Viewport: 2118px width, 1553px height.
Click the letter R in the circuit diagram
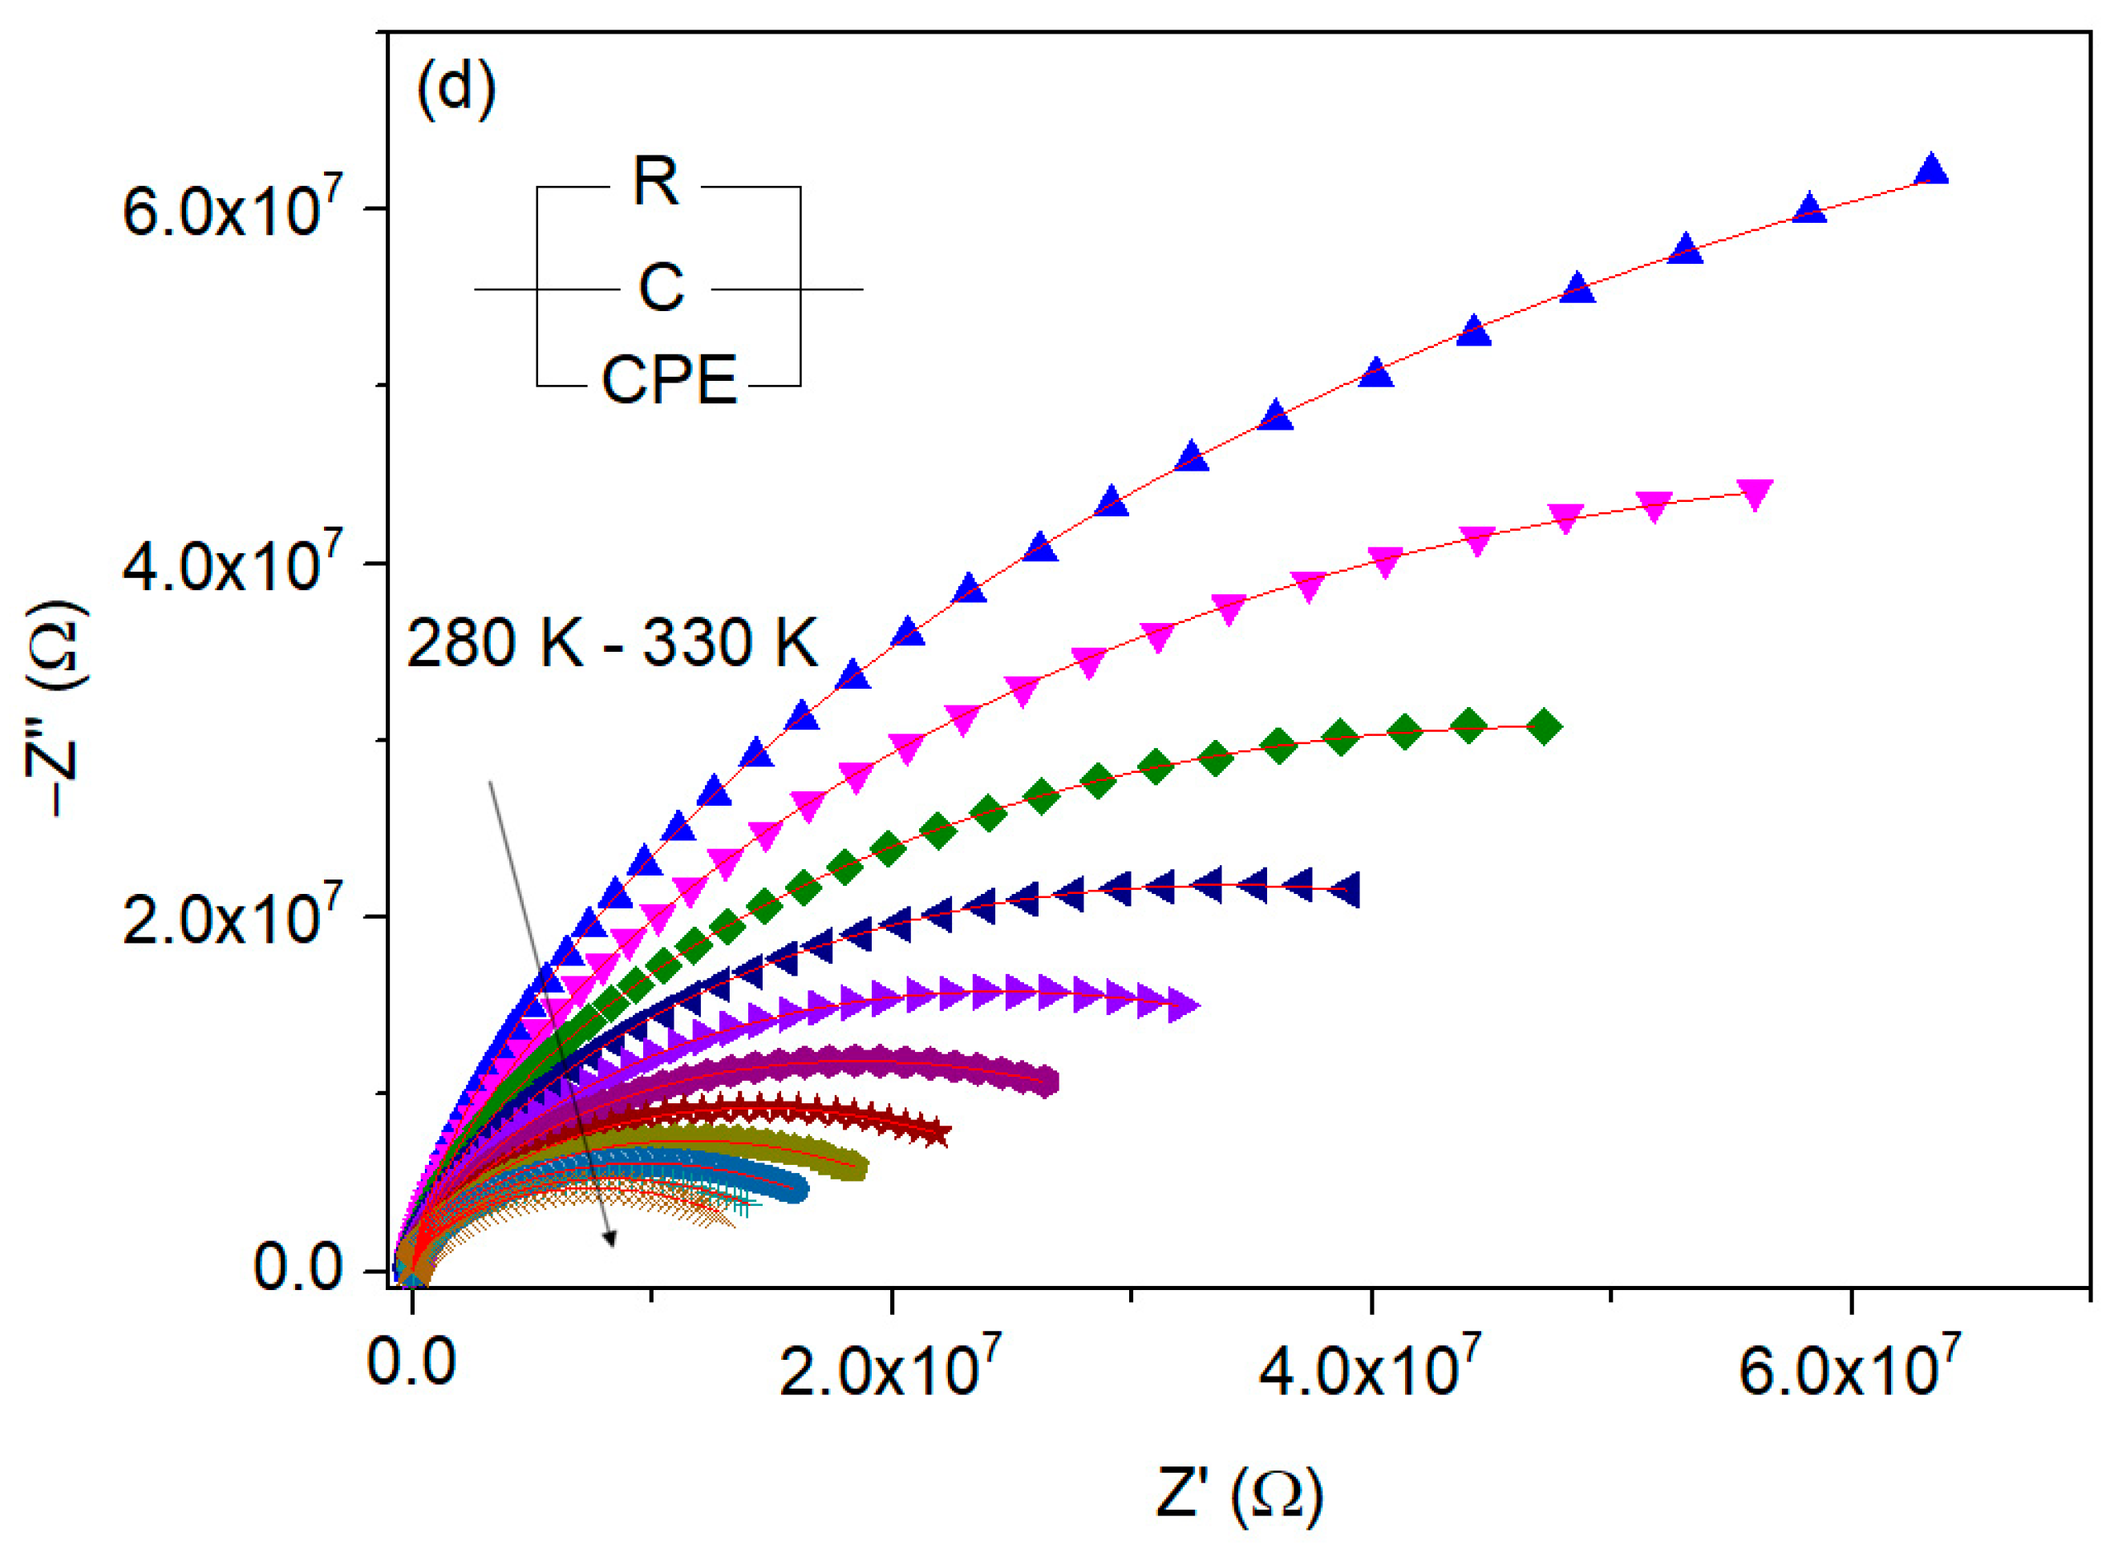655,182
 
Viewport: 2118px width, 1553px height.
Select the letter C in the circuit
661,288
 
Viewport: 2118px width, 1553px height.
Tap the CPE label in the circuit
670,382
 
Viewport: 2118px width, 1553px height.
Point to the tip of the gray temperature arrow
613,1247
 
